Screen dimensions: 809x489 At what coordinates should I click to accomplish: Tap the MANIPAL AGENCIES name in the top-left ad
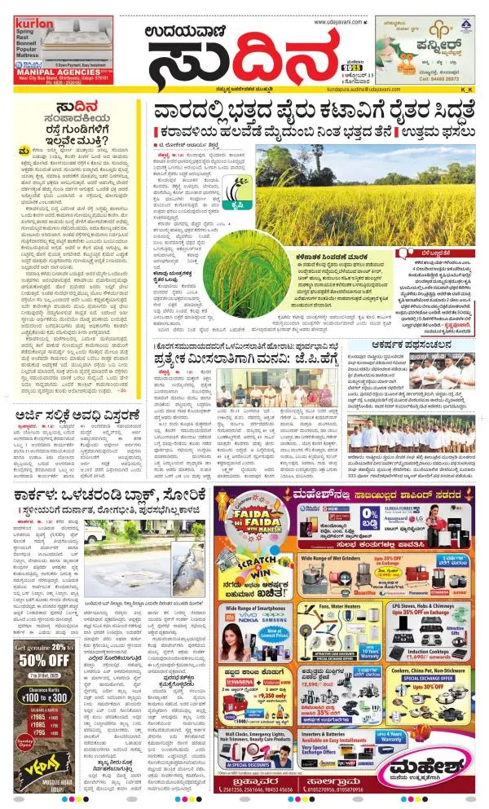point(61,71)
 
